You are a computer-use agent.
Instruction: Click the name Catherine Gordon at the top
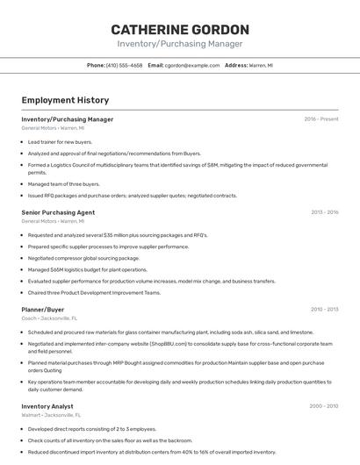tap(180, 29)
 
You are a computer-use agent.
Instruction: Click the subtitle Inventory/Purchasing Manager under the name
tap(180, 44)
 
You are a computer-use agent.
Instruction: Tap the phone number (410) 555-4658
tap(124, 66)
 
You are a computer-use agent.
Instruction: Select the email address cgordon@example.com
tap(192, 66)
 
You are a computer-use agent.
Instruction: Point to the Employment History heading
tap(65, 100)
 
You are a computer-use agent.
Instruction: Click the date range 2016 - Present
tap(321, 118)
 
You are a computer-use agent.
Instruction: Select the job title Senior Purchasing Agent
tap(58, 212)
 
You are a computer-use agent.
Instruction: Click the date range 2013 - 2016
tap(325, 212)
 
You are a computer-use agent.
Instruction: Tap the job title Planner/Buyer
tap(43, 309)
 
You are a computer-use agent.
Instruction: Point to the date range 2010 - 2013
tap(325, 309)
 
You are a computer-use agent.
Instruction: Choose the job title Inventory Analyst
tap(47, 406)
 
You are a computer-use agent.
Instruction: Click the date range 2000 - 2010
tap(324, 406)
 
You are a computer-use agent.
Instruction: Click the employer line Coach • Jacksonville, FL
tap(49, 318)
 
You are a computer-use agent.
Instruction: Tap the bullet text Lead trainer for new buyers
tap(60, 141)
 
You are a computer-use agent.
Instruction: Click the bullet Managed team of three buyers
tap(63, 184)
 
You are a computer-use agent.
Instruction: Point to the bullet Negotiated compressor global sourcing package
tap(83, 258)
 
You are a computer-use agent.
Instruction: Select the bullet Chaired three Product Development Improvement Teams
tap(94, 292)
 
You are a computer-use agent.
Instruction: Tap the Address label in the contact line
tap(236, 66)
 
